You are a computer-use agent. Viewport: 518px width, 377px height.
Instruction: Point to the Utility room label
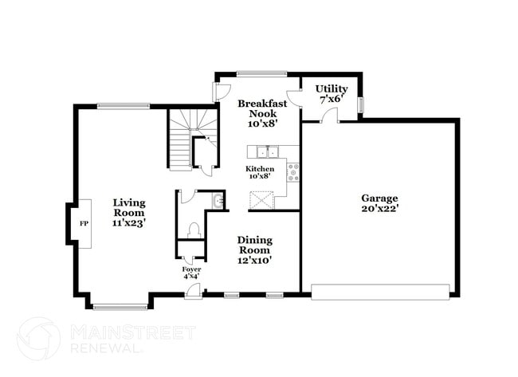(x=331, y=88)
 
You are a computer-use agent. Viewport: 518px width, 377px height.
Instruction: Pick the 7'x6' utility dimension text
(x=331, y=100)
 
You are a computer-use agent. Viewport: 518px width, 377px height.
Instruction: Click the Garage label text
(x=379, y=198)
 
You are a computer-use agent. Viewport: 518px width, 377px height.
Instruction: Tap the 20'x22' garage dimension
(x=379, y=208)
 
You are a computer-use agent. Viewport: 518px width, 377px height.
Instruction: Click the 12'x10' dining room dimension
(x=254, y=260)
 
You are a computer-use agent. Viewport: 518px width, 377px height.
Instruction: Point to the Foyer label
(x=191, y=269)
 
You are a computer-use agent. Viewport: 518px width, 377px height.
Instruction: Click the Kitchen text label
(x=260, y=169)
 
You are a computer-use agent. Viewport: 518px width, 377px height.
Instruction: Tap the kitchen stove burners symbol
(x=292, y=171)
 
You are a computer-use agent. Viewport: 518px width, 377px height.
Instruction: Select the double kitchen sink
(x=268, y=151)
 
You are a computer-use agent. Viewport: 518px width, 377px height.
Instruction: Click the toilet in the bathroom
(x=192, y=230)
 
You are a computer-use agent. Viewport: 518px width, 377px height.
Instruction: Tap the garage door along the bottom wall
(x=380, y=292)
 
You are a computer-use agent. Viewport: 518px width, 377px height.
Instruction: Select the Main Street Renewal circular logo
(x=38, y=338)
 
